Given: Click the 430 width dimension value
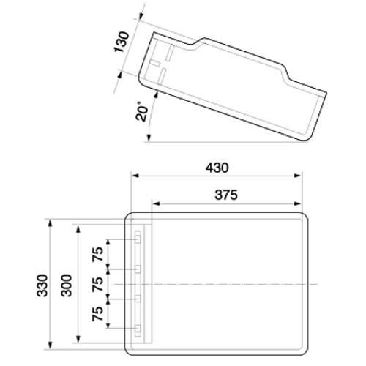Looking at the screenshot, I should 217,168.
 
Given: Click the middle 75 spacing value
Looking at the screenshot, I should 97,285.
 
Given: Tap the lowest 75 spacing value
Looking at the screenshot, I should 97,314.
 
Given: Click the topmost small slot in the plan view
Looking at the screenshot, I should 137,239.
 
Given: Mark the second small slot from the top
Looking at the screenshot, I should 137,269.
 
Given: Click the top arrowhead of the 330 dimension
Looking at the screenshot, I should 50,220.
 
